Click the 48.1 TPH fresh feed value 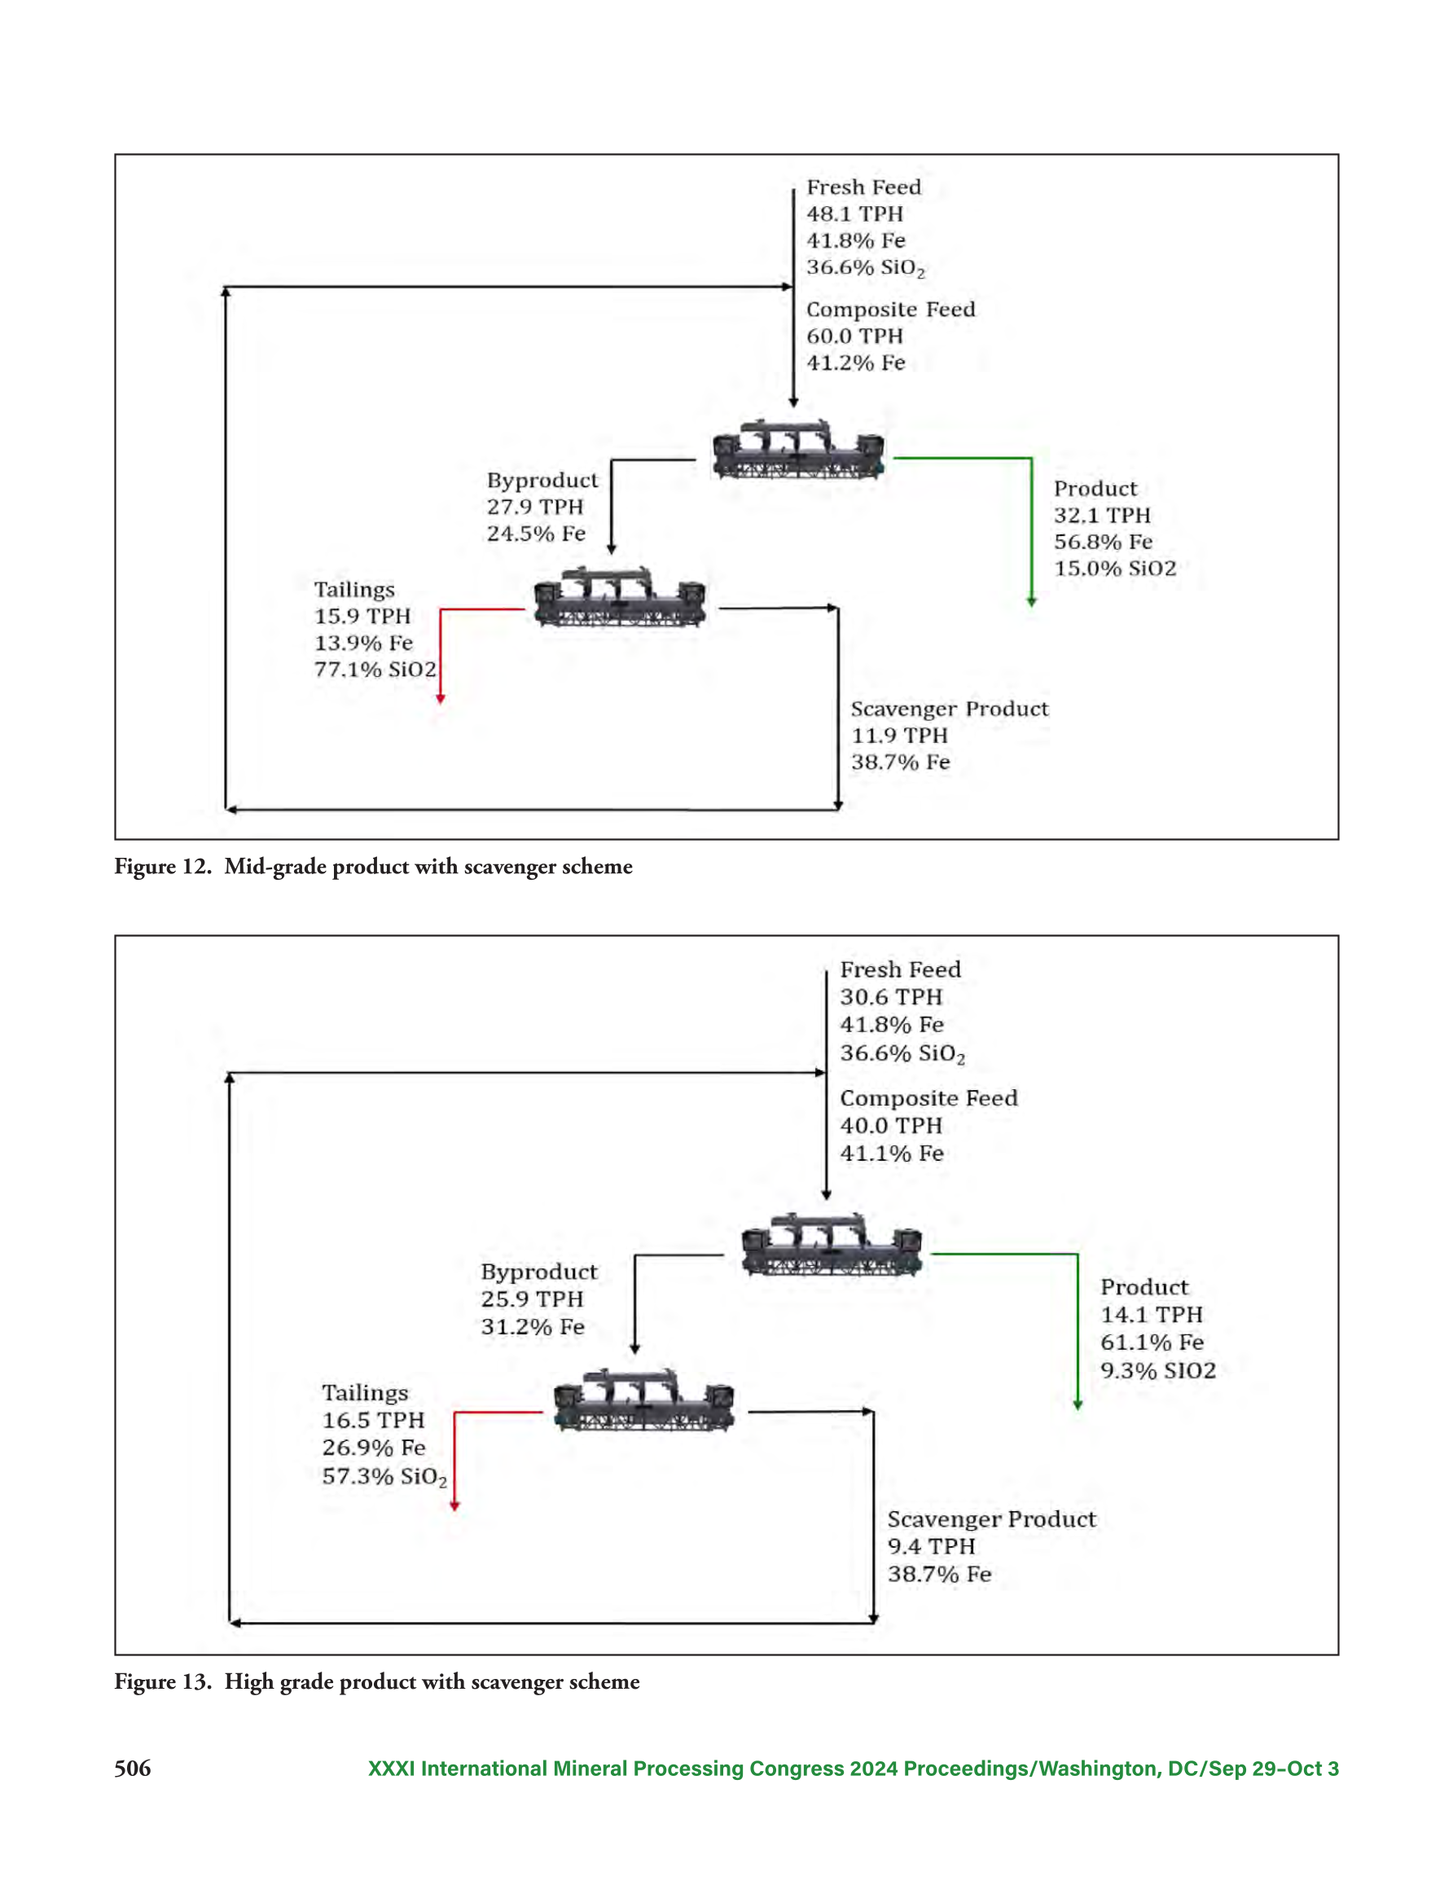pos(854,213)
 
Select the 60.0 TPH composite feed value pos(854,336)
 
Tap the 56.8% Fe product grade pos(1103,542)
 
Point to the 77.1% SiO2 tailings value pos(375,669)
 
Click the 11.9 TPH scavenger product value pos(899,736)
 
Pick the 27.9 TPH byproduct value pos(535,507)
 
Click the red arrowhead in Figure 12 pos(440,697)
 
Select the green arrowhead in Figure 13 pos(1078,1404)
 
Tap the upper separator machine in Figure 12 pos(797,449)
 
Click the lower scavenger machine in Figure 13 pos(643,1399)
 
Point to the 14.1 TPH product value pos(1152,1314)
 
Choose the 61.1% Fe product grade pos(1152,1342)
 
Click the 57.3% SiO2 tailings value pos(384,1477)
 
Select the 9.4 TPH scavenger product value pos(931,1546)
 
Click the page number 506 pos(133,1769)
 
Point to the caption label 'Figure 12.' pos(163,867)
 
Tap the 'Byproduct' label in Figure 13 pos(539,1272)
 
